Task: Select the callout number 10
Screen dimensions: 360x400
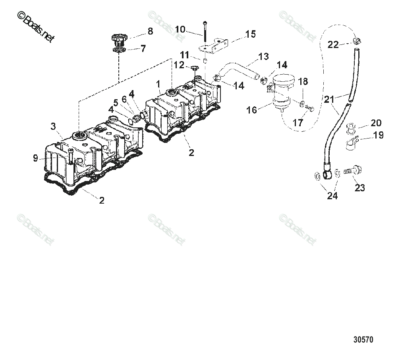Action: [x=180, y=29]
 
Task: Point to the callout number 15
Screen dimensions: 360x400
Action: [x=250, y=34]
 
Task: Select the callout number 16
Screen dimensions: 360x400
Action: [x=252, y=110]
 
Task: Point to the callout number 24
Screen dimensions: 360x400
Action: [x=332, y=196]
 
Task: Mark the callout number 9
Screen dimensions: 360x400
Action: [x=35, y=158]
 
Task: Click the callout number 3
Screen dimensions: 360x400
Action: [x=53, y=126]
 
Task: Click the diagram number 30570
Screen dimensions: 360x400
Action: [x=363, y=340]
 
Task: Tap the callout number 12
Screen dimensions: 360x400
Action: [x=179, y=64]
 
